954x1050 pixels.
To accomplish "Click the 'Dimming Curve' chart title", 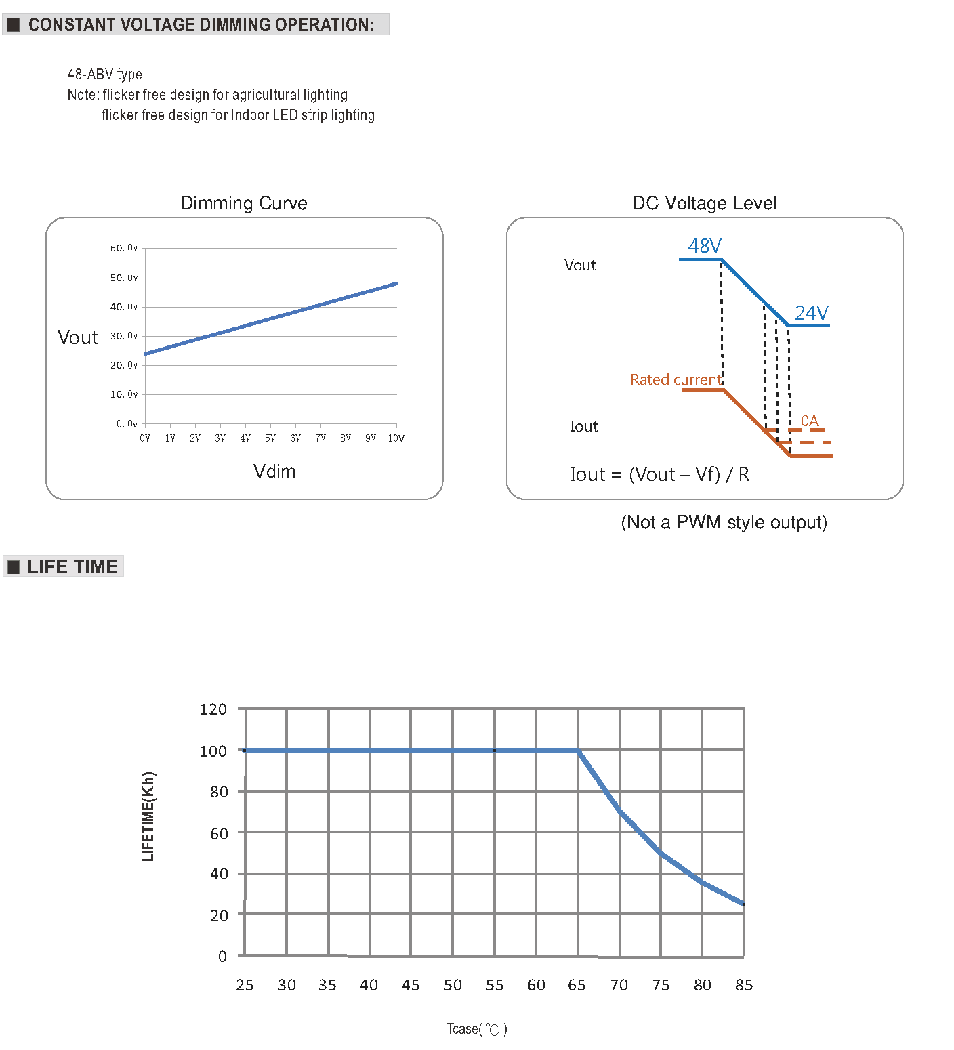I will point(244,203).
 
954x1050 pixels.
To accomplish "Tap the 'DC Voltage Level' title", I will point(704,203).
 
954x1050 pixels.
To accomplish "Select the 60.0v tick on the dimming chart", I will point(124,248).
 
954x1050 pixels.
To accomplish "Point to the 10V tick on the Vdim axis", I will point(396,438).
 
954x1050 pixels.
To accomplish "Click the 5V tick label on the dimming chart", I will point(270,438).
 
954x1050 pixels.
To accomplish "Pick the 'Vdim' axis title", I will point(274,471).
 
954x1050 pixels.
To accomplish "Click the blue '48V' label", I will point(705,246).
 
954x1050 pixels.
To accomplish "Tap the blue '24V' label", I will point(811,313).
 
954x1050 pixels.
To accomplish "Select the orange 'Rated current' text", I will point(676,379).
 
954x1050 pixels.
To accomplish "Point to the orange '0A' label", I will point(810,421).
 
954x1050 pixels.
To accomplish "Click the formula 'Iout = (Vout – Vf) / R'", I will point(660,474).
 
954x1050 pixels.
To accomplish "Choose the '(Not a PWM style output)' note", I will point(724,522).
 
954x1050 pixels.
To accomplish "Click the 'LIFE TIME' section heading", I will point(72,566).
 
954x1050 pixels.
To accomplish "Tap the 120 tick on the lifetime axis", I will point(213,709).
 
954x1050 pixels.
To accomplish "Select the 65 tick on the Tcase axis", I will point(577,985).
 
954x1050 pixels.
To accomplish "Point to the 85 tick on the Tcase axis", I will point(744,985).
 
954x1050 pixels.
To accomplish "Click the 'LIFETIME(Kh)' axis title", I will point(148,816).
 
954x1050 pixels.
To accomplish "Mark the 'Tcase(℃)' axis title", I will point(476,1029).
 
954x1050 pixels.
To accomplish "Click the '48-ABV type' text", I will point(104,75).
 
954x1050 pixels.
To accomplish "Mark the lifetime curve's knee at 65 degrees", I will point(578,751).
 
